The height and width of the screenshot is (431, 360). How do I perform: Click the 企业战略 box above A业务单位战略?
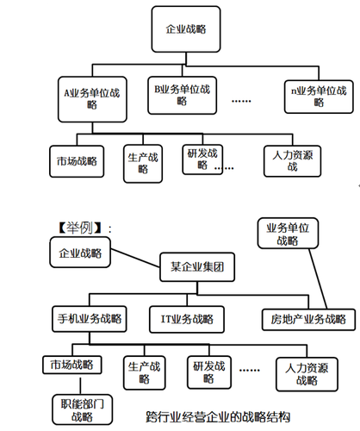(x=186, y=29)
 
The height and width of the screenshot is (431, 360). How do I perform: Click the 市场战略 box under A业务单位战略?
(x=75, y=160)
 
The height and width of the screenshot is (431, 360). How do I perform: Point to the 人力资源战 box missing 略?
(x=295, y=160)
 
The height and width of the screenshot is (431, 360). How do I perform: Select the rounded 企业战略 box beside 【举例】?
(x=79, y=252)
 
